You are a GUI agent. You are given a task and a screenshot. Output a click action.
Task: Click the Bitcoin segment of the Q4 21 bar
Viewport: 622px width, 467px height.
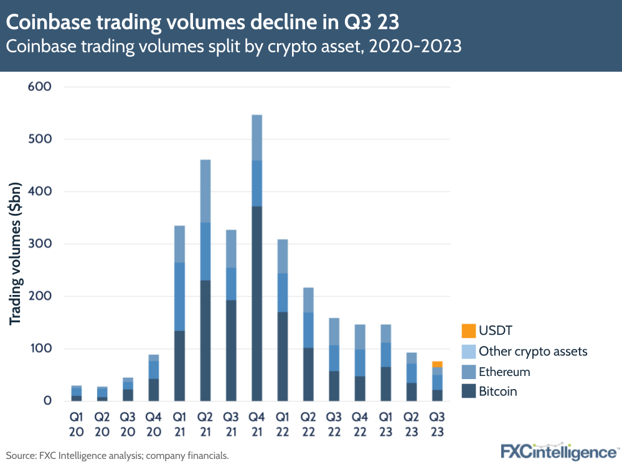(x=257, y=304)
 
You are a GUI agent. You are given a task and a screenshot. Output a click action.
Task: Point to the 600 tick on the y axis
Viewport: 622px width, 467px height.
(x=39, y=87)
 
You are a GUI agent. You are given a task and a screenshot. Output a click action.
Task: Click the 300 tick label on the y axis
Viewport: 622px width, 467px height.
(x=39, y=244)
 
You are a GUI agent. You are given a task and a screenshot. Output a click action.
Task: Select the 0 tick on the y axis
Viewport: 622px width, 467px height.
(x=47, y=401)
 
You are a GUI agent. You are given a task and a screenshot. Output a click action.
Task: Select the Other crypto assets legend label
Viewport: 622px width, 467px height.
(x=532, y=351)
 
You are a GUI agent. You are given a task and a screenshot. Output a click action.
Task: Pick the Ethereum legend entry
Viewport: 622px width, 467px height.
(x=504, y=372)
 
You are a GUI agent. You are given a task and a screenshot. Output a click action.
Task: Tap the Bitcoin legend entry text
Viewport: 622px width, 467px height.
(x=497, y=392)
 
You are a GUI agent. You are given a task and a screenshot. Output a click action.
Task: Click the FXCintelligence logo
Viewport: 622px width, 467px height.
(x=558, y=451)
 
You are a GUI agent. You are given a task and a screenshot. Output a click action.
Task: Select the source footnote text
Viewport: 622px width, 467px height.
(x=118, y=456)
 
